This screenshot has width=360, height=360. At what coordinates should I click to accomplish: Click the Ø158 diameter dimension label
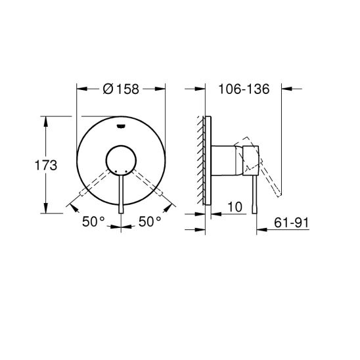[x=121, y=90]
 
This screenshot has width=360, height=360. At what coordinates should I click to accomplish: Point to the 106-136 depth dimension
[x=244, y=90]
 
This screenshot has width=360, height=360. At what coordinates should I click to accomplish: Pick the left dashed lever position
[x=92, y=184]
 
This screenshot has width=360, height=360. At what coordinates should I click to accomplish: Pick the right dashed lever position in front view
[x=150, y=184]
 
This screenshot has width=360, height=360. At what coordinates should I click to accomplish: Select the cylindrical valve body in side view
[x=227, y=160]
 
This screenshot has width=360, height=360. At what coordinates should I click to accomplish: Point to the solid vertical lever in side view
[x=251, y=191]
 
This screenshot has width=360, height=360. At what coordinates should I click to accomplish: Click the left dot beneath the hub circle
[x=116, y=171]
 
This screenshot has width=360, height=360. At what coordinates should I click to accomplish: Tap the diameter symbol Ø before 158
[x=108, y=90]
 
